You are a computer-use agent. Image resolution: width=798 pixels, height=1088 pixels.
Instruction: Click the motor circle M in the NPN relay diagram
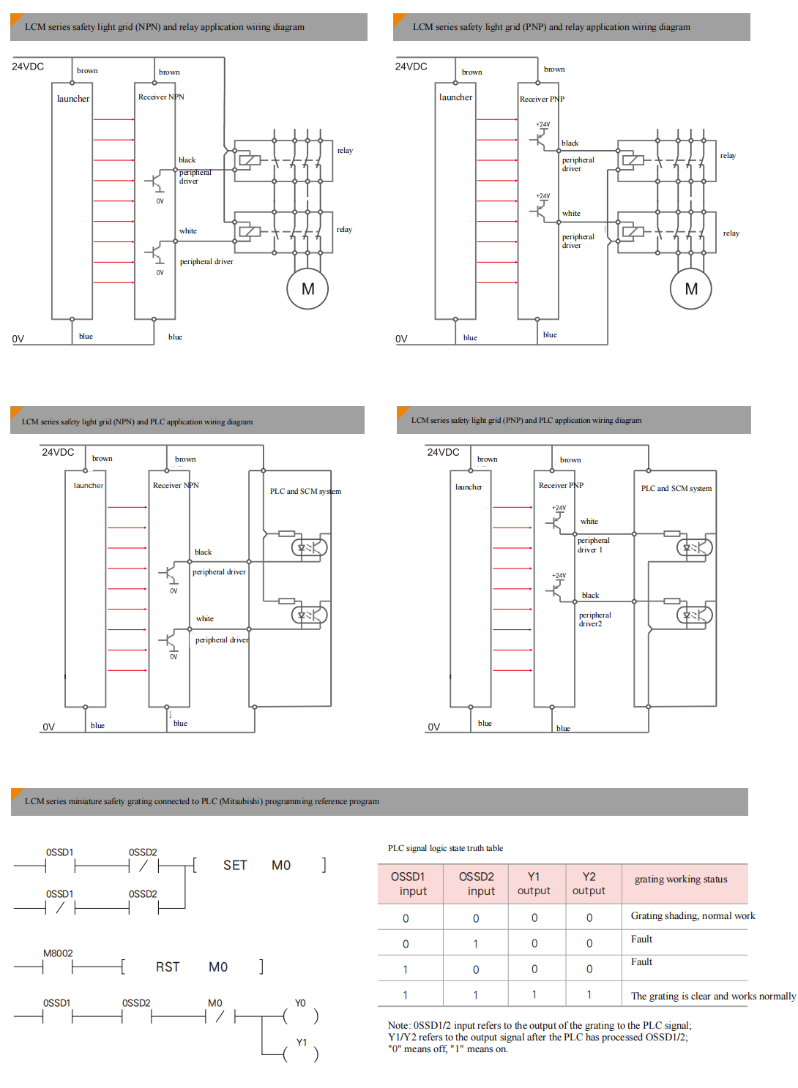[307, 289]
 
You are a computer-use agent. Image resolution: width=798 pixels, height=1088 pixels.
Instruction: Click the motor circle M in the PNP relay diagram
[691, 289]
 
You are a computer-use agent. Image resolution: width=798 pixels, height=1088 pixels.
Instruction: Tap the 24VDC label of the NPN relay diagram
[28, 67]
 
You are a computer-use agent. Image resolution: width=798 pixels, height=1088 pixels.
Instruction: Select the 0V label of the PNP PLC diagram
[434, 727]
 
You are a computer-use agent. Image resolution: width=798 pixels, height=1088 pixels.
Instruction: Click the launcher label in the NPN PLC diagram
[89, 486]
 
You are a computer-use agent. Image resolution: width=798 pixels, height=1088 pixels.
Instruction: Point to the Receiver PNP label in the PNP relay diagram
[542, 99]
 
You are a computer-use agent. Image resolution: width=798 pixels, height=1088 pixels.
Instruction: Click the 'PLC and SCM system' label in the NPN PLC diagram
[305, 491]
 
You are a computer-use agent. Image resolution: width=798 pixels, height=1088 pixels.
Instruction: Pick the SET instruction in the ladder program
[235, 866]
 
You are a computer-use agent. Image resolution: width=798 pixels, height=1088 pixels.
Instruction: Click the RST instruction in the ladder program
[168, 967]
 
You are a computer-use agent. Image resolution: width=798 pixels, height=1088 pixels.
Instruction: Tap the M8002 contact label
[58, 953]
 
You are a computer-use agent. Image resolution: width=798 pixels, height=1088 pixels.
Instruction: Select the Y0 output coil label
[300, 1003]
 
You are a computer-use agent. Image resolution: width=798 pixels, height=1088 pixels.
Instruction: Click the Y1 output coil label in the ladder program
[302, 1043]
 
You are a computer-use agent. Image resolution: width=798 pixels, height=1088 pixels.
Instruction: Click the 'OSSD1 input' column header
[409, 884]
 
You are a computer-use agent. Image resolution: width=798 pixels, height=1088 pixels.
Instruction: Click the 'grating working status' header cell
[681, 879]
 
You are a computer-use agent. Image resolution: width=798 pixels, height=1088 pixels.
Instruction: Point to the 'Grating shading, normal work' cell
[693, 916]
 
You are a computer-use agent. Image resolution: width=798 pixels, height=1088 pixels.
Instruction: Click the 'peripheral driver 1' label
[593, 545]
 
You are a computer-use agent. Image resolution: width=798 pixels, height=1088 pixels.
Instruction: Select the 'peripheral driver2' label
[594, 620]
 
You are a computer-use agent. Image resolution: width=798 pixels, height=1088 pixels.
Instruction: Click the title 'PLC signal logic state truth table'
[445, 849]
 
